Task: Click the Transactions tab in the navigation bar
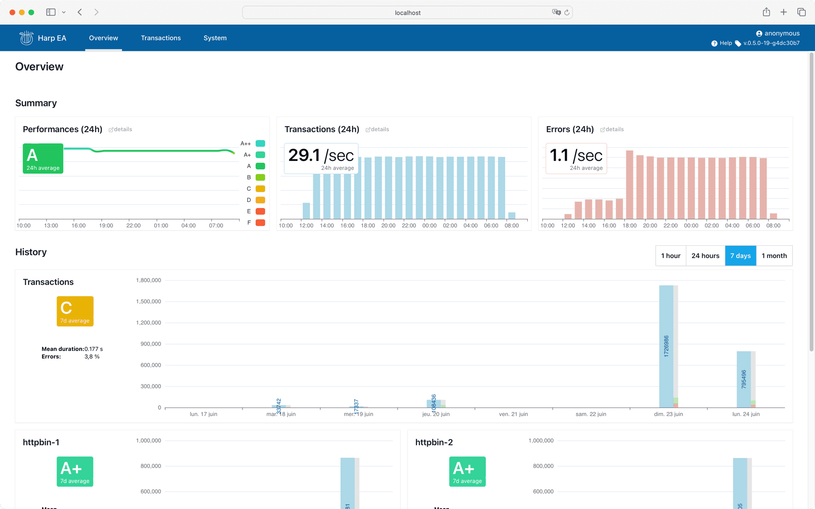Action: pos(160,38)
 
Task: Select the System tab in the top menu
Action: pos(215,38)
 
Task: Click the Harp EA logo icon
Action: pos(26,38)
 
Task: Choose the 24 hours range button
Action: pos(705,256)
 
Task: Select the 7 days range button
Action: pos(740,256)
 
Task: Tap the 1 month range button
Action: pos(774,256)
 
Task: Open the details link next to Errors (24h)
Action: pos(612,129)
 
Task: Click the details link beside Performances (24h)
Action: pos(121,129)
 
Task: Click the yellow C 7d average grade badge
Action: pos(75,311)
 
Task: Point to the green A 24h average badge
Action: pos(43,159)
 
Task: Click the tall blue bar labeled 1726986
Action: pos(666,346)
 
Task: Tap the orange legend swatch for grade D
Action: pos(260,200)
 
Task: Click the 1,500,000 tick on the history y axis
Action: pos(149,301)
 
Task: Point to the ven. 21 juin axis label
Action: pos(513,414)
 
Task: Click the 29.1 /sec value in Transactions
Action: pos(321,156)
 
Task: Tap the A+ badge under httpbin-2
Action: pos(467,471)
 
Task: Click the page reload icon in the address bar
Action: pos(567,13)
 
